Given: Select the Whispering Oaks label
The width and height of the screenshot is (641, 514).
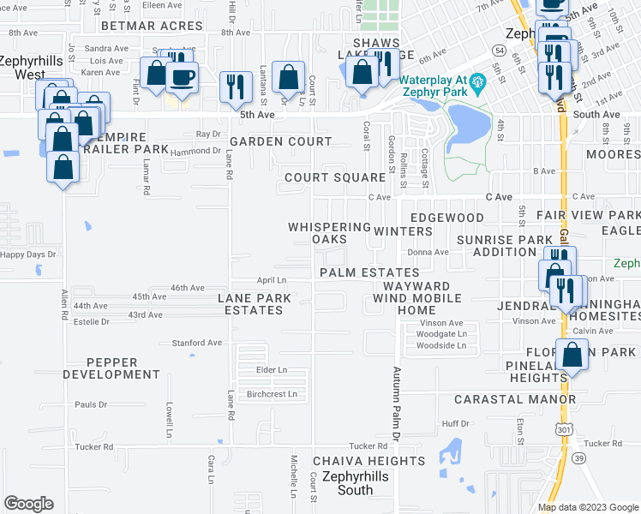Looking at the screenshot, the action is tap(329, 233).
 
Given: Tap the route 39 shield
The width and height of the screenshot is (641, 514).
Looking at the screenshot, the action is tap(578, 459).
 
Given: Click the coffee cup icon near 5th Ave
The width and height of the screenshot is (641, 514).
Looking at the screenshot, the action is tap(181, 78).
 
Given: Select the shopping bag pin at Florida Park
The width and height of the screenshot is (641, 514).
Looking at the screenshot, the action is tap(572, 354).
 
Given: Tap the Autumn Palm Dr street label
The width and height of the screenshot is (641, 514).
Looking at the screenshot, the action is tap(397, 404).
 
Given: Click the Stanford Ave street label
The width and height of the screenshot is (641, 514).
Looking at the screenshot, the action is tap(196, 343).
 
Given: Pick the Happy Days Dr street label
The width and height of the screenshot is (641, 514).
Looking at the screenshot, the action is tap(28, 254).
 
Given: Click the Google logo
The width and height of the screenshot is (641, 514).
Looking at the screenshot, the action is tap(28, 504).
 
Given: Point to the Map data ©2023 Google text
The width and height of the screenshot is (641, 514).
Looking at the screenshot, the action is tap(587, 507).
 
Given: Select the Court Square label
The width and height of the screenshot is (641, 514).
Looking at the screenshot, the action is tap(334, 177).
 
